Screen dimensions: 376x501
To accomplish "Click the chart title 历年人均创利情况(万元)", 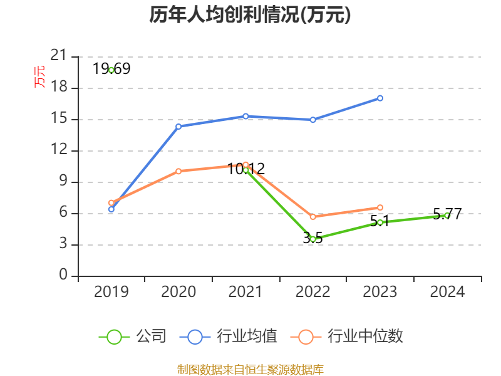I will (x=250, y=15).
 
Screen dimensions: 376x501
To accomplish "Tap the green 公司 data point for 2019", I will (x=111, y=70).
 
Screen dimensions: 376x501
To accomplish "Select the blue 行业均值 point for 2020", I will (x=178, y=127).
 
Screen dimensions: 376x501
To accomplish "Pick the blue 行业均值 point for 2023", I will (x=380, y=98).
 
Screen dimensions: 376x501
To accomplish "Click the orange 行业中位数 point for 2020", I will (x=178, y=171).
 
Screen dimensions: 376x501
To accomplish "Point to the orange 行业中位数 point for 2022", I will (x=313, y=217).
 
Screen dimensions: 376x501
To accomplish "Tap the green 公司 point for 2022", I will (x=313, y=239).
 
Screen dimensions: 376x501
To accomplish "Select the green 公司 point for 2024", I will (x=447, y=215).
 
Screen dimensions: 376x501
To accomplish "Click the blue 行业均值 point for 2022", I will (x=313, y=119).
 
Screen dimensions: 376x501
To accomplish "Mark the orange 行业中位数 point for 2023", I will (x=380, y=207).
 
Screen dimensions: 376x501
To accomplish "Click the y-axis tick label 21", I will (x=58, y=56).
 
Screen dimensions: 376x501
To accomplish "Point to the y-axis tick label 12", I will (x=58, y=150).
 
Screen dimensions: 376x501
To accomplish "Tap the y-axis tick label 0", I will (x=63, y=276).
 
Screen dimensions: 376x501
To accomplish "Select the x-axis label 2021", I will (x=245, y=292).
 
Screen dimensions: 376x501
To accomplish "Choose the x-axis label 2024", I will (x=447, y=292).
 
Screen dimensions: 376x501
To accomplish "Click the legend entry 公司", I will (x=133, y=337).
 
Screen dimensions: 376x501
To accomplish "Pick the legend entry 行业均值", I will (x=229, y=337).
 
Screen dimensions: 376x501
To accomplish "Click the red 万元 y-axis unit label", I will (x=39, y=76).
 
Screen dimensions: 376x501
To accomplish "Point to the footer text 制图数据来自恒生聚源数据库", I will (x=250, y=369).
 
